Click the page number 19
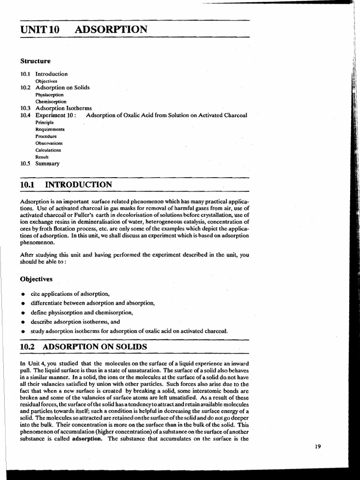[318, 446]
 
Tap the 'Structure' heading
[35, 61]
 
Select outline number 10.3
[25, 108]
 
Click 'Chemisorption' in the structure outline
[51, 101]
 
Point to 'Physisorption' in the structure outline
[50, 94]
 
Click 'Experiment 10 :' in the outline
[56, 115]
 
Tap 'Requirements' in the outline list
[50, 129]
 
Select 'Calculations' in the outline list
[48, 150]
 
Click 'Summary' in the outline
[47, 164]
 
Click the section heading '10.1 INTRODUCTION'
[66, 185]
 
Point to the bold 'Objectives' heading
[36, 279]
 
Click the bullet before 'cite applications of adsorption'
[23, 294]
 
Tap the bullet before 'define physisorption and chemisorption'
[23, 313]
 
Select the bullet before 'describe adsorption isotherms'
[23, 322]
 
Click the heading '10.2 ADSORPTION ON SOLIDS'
[83, 347]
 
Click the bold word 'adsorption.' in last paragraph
[87, 439]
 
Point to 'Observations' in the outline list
[49, 143]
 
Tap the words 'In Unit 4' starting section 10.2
[32, 363]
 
